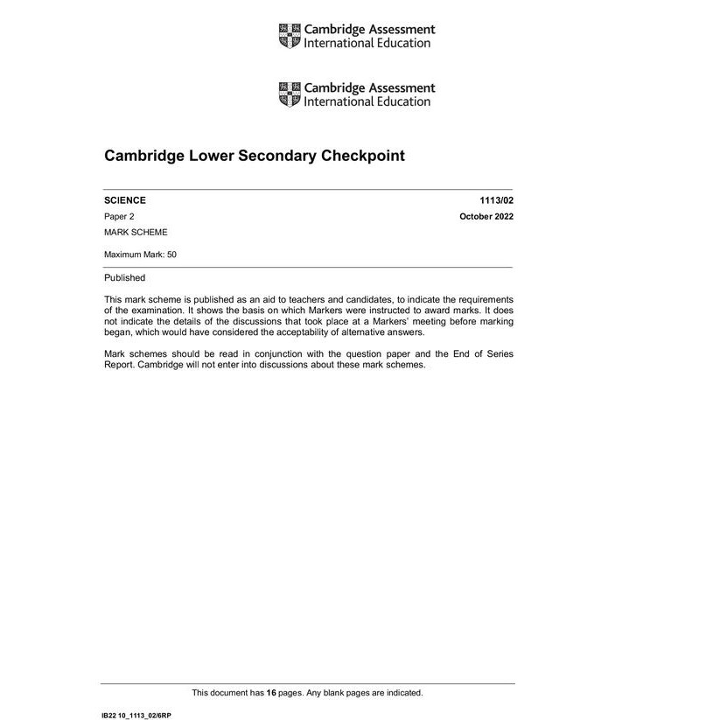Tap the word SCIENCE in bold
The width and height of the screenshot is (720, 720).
point(125,200)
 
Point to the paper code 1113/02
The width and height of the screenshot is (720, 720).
point(496,200)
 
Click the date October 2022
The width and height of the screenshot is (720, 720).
point(486,216)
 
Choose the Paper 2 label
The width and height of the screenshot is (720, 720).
point(119,216)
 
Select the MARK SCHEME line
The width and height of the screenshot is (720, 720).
point(136,233)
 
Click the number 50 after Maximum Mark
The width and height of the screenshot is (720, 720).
point(172,255)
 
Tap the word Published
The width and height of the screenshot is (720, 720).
point(124,278)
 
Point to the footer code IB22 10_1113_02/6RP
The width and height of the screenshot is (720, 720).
point(136,716)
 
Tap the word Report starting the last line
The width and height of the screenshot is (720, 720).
point(120,365)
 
